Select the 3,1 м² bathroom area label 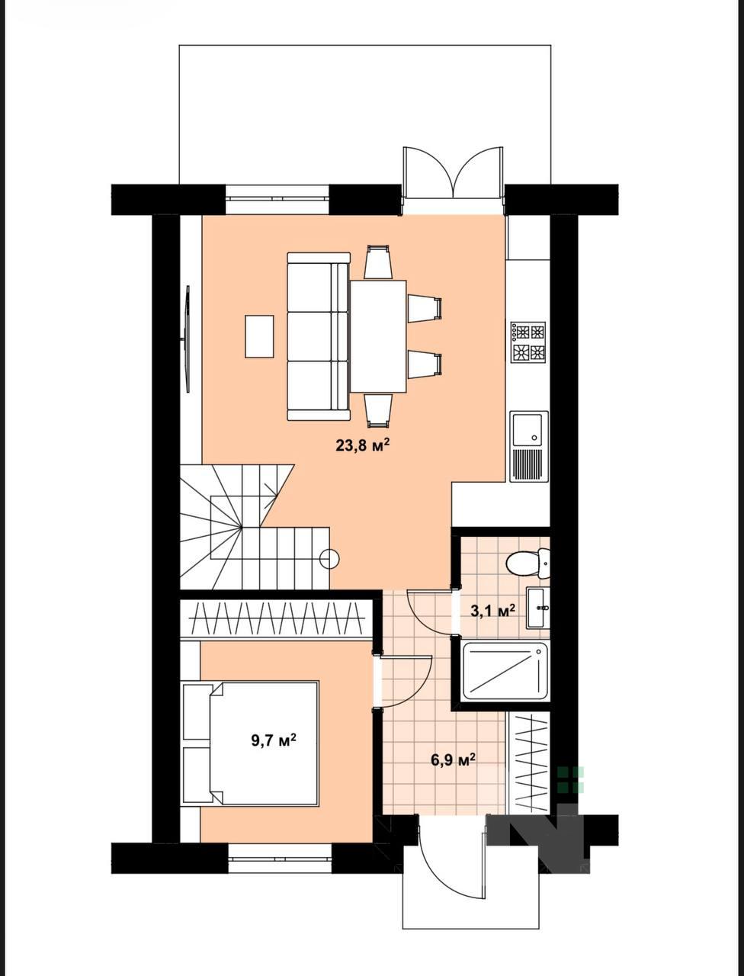tap(493, 610)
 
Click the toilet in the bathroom tap(528, 563)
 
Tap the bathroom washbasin tap(537, 607)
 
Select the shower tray tap(505, 671)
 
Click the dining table tap(378, 336)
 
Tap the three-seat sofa tap(318, 336)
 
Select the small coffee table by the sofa tap(259, 336)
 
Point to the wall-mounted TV tap(188, 339)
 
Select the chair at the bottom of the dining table tap(378, 411)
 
